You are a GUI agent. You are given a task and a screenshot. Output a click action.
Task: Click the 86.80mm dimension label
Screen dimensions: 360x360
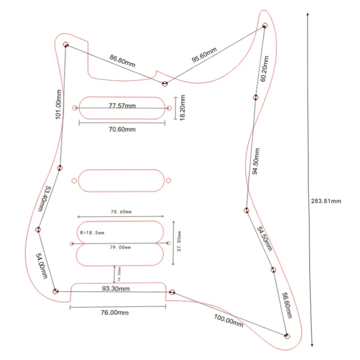(122, 61)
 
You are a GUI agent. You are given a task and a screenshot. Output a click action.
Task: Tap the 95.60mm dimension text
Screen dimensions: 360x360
(204, 54)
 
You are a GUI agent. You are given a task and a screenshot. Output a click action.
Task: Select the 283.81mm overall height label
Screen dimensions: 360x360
(326, 201)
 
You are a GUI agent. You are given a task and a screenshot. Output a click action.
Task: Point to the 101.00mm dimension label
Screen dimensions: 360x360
(58, 104)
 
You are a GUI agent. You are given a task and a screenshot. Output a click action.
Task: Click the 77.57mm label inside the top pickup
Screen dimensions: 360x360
(122, 106)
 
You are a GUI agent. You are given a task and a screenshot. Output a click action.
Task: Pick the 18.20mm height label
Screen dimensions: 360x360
(182, 108)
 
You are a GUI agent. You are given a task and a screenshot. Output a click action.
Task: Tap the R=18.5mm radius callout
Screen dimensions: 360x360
(92, 233)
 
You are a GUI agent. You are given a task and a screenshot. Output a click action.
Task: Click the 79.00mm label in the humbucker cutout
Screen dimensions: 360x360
(120, 247)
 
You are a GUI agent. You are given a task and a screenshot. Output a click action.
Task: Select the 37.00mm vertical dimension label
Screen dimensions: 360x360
(179, 241)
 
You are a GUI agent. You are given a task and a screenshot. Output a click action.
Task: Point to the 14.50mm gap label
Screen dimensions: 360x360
(119, 274)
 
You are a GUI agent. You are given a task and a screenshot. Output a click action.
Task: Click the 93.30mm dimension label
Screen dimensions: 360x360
(116, 288)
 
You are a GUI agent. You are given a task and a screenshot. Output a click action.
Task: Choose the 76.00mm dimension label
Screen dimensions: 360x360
(115, 312)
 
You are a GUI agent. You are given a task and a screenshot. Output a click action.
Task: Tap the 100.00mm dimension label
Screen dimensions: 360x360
(229, 320)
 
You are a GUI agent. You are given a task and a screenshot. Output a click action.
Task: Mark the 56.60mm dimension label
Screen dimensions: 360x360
(287, 306)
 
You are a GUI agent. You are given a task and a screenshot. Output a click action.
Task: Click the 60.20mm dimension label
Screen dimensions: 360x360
(264, 69)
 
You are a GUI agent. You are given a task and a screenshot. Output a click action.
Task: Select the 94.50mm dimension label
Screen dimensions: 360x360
(256, 161)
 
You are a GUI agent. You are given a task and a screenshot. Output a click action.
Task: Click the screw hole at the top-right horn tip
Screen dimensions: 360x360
(265, 25)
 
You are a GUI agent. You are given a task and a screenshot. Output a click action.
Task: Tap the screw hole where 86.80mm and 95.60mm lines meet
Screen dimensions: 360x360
(165, 84)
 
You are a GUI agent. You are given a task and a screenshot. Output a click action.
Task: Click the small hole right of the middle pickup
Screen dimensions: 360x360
(168, 180)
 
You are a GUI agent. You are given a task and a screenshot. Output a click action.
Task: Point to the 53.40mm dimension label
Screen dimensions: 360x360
(43, 199)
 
